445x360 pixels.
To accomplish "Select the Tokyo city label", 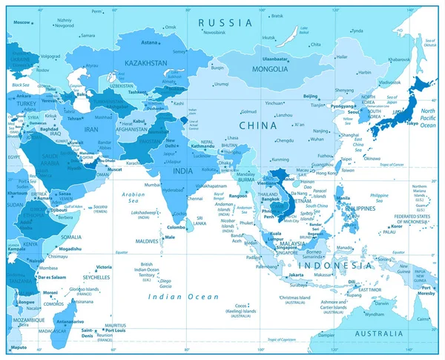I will pyautogui.click(x=412, y=123).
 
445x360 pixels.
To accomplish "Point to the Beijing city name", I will pyautogui.click(x=311, y=96).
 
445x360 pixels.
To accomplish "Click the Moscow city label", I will pyautogui.click(x=22, y=22).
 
